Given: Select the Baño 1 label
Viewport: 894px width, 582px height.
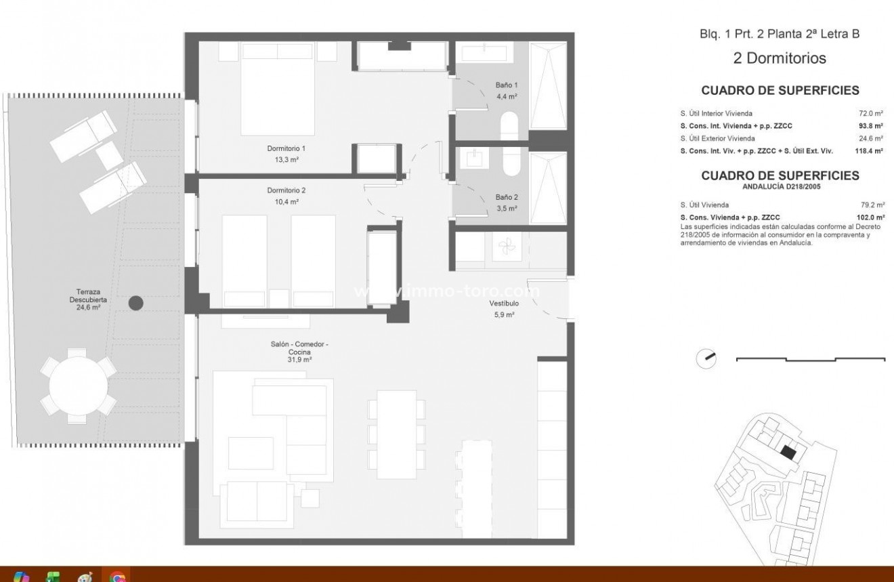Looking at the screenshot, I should point(506,85).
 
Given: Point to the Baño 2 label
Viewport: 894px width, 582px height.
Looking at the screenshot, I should point(506,198).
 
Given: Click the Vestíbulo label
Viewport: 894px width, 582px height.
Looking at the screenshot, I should point(504,304).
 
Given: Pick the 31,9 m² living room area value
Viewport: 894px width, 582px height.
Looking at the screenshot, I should point(299,360).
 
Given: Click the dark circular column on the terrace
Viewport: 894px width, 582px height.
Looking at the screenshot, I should point(136,304).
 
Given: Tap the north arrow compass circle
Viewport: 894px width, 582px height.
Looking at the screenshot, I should point(706,358).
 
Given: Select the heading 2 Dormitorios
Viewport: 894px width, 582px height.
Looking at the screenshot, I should point(780,58).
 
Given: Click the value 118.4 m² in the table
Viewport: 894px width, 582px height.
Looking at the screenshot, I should point(869,151).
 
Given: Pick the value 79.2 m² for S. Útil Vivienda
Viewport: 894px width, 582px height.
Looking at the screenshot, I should point(872,205).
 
